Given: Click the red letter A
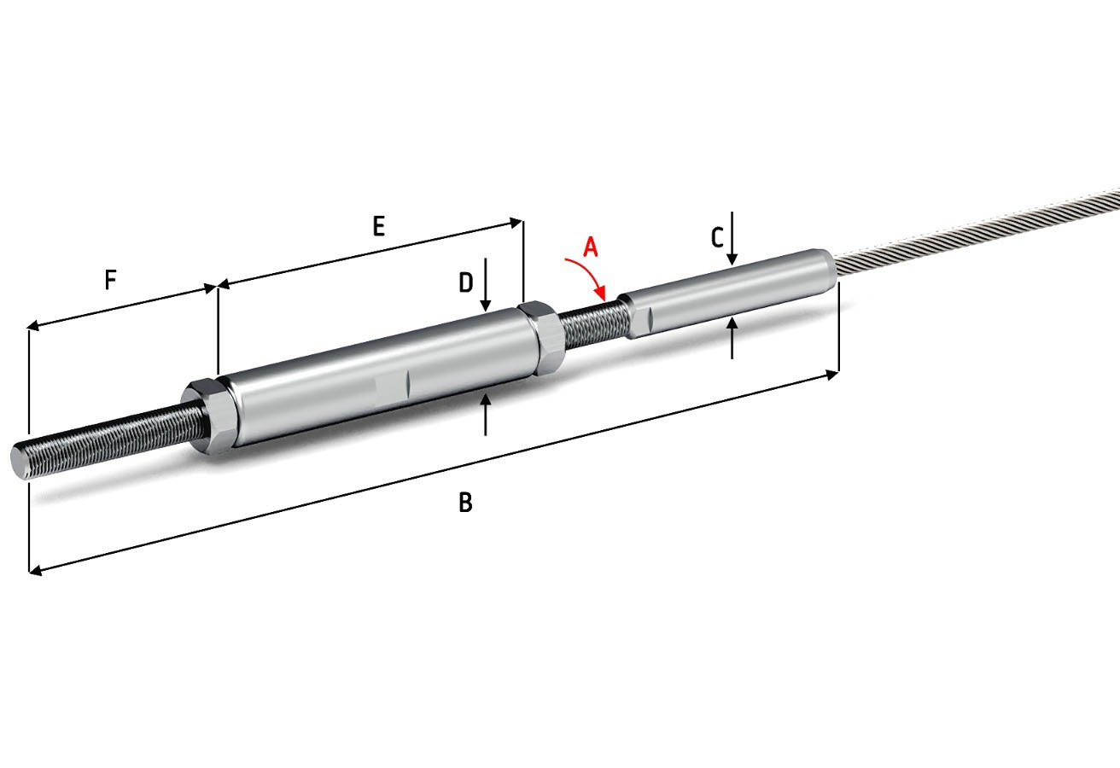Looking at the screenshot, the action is [591, 247].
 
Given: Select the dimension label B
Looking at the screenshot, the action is [465, 502].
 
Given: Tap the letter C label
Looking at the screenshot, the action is [717, 238].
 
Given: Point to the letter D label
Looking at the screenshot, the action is [465, 282].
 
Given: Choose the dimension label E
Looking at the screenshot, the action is [378, 226].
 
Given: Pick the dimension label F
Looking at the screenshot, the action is [110, 280].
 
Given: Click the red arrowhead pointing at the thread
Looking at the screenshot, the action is [601, 293].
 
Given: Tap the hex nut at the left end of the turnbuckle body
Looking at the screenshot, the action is [207, 415].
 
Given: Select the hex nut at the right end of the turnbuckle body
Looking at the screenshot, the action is [543, 338].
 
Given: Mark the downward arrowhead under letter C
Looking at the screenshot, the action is [732, 259].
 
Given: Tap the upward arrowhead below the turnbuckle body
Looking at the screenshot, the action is [485, 399].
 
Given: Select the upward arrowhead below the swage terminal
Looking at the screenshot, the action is [732, 323].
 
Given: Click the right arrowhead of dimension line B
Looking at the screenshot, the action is [831, 375].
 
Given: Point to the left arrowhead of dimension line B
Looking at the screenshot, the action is [36, 570].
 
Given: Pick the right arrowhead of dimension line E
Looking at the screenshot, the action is [516, 223].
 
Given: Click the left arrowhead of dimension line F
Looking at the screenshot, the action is [34, 326].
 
